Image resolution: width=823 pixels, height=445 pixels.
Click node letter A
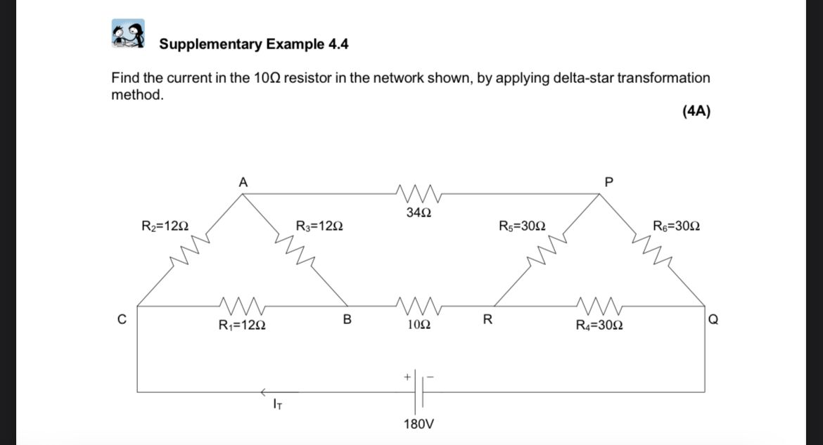tap(243, 182)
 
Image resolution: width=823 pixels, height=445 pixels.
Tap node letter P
tap(609, 182)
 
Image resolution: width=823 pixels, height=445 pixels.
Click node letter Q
tap(714, 320)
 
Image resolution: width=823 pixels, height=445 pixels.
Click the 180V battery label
tap(419, 425)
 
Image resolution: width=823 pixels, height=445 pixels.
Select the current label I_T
tap(278, 404)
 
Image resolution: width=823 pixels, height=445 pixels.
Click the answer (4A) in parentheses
tap(696, 112)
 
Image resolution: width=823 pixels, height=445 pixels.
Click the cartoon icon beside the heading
tap(128, 34)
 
